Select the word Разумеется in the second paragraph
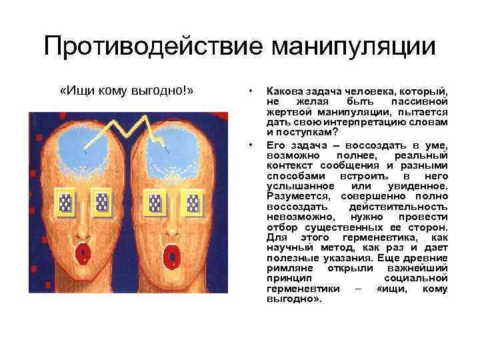(298, 196)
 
